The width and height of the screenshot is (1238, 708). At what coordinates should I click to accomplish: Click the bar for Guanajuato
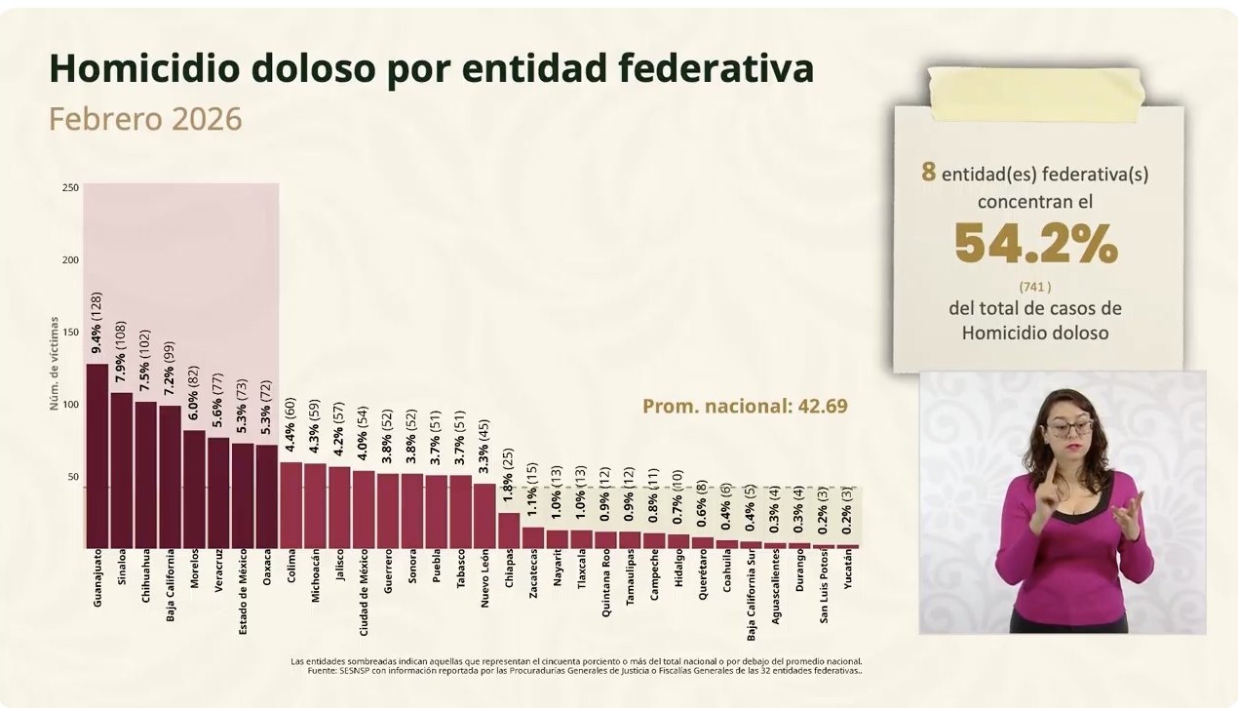point(97,455)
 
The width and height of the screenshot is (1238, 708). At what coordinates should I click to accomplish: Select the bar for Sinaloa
point(122,470)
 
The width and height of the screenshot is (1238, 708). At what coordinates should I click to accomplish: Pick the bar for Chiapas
point(509,531)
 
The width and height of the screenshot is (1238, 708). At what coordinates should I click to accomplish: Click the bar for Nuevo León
point(484,516)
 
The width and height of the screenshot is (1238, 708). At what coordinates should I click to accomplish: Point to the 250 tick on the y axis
point(70,187)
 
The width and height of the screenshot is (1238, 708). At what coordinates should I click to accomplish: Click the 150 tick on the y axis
point(70,333)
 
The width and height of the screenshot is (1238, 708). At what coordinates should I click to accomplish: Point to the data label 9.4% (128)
point(97,323)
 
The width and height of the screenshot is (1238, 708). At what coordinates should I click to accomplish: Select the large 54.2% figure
point(1036,245)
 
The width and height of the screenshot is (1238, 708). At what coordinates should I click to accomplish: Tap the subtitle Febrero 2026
point(145,119)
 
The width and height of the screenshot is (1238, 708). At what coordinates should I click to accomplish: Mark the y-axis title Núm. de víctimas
point(55,362)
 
